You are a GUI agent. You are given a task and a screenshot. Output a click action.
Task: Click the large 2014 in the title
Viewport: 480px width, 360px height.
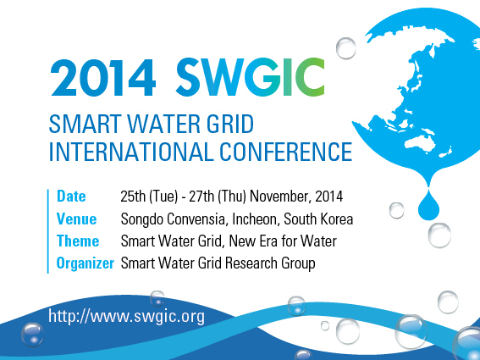103,78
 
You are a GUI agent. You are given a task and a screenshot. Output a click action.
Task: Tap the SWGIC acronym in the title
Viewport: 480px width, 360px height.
250,77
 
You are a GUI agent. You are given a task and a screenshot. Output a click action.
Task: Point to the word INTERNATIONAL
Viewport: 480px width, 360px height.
131,152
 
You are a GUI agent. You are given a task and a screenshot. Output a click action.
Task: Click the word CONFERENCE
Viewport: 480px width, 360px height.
286,152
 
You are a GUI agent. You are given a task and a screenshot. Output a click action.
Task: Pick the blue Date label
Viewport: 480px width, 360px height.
71,196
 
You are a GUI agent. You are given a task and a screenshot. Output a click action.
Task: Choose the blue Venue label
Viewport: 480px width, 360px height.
76,219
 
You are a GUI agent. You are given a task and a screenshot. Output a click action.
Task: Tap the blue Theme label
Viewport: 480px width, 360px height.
78,241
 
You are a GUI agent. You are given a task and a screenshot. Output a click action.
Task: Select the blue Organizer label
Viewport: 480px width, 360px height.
86,263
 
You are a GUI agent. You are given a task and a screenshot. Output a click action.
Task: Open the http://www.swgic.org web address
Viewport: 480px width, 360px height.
126,317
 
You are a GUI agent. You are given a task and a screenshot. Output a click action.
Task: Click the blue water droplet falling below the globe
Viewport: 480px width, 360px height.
428,204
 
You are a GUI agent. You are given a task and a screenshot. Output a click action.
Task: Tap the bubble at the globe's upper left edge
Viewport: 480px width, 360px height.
346,48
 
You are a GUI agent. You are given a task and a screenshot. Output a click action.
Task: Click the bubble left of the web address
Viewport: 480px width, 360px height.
32,335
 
